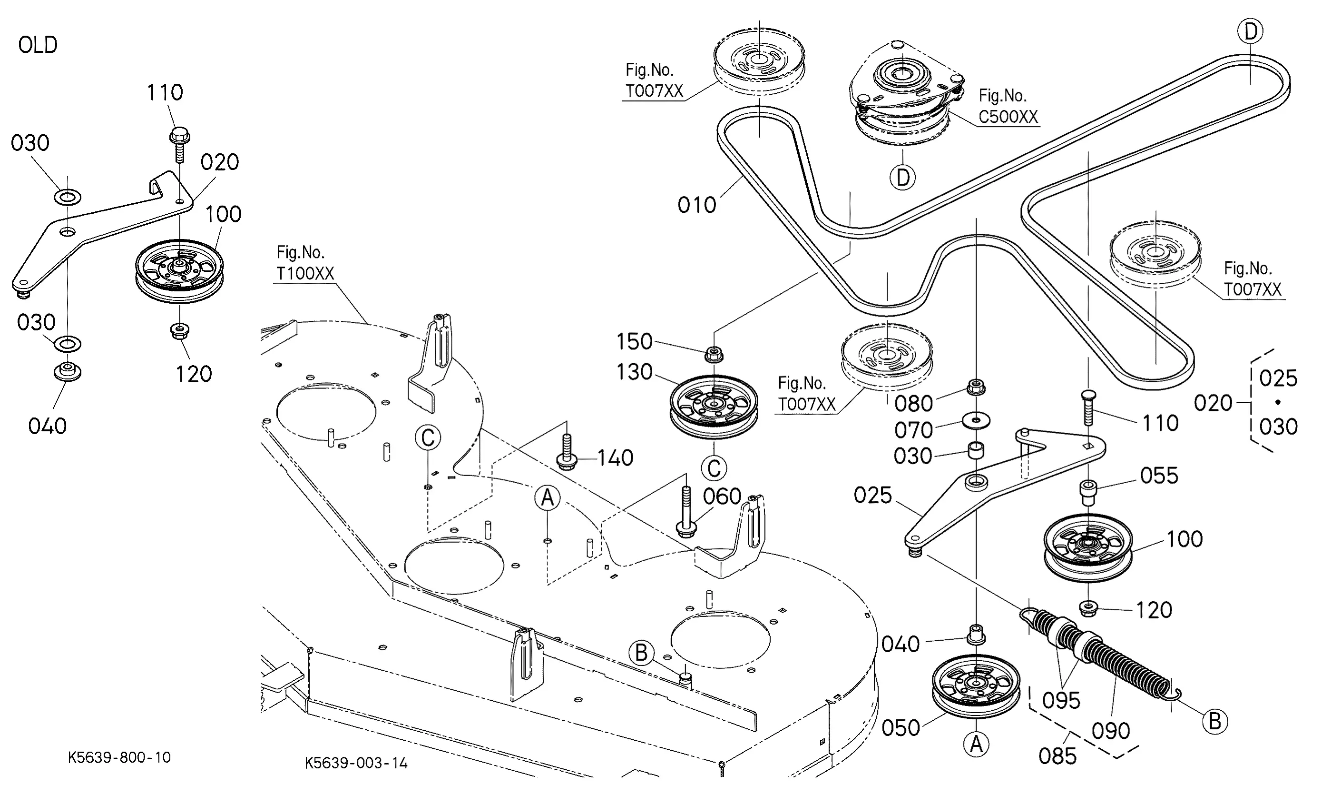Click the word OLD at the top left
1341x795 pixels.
[38, 45]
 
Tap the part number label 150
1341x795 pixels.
[635, 342]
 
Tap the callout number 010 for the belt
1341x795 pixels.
[696, 205]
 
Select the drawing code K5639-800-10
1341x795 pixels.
[119, 757]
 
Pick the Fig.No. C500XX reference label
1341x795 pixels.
[1008, 107]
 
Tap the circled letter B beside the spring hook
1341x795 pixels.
[1214, 721]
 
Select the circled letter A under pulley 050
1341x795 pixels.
[976, 744]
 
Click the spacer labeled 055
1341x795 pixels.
[1088, 492]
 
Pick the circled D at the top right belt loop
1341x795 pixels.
[1250, 31]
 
